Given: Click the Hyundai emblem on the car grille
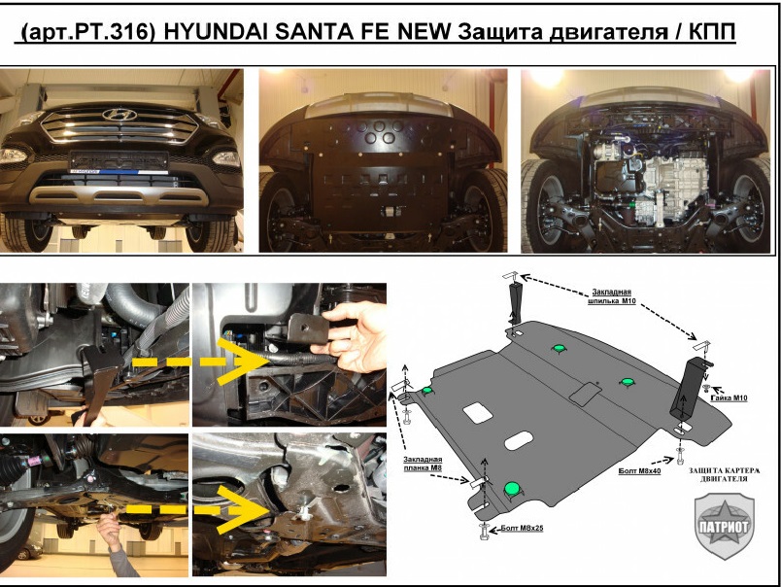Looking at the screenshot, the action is pyautogui.click(x=119, y=115).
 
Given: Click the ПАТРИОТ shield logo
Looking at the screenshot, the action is pyautogui.click(x=725, y=526).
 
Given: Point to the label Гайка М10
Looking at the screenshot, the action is pyautogui.click(x=729, y=398).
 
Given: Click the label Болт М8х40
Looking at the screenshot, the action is pyautogui.click(x=639, y=470).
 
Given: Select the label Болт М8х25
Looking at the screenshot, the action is pyautogui.click(x=522, y=528).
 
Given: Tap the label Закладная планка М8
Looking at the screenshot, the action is pyautogui.click(x=423, y=464).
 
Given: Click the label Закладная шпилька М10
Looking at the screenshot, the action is pyautogui.click(x=612, y=296).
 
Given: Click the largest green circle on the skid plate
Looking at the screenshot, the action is pyautogui.click(x=512, y=489).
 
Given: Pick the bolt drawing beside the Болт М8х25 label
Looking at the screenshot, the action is pyautogui.click(x=484, y=531).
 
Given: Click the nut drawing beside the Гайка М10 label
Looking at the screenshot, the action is pyautogui.click(x=706, y=387).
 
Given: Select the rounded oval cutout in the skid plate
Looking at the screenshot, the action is pyautogui.click(x=519, y=440).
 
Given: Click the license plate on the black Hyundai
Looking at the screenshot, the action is pyautogui.click(x=119, y=161).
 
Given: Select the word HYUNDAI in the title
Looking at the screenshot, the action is pyautogui.click(x=217, y=32).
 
